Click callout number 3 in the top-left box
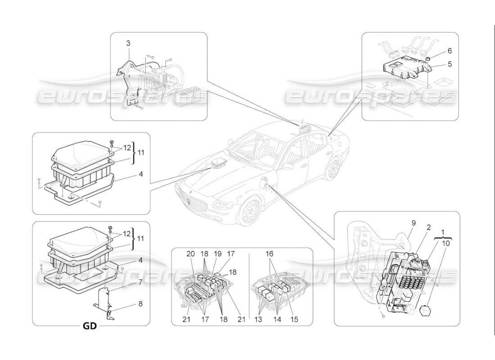pos(128,43)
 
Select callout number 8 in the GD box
pos(140,304)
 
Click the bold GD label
pos(90,326)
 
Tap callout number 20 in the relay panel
pos(191,254)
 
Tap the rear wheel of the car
pos(333,169)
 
